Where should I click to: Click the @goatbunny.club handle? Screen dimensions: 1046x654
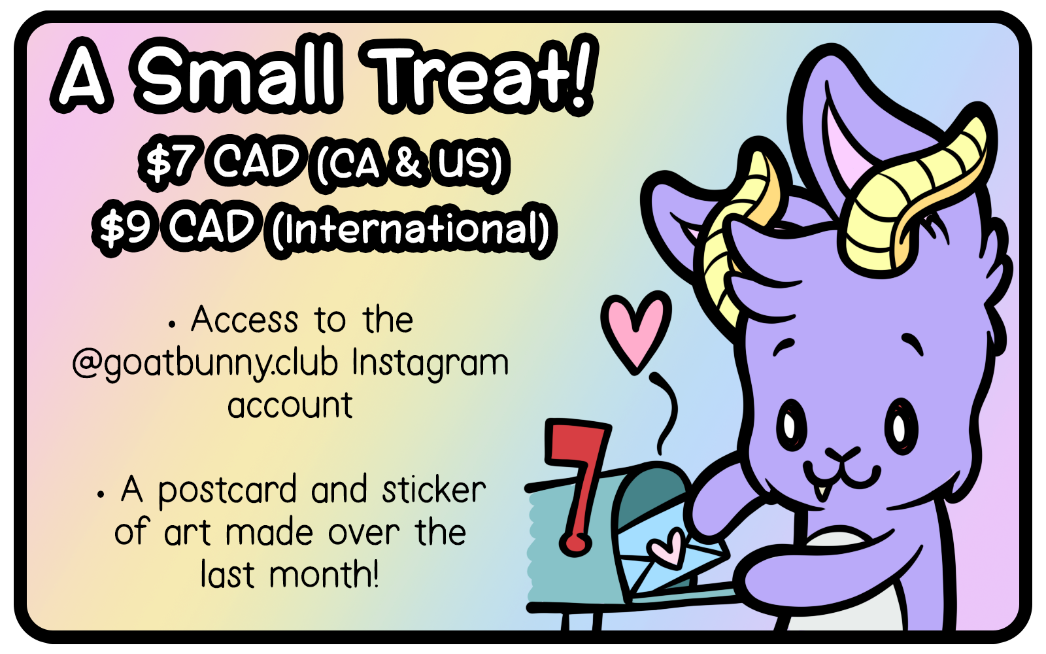pos(205,364)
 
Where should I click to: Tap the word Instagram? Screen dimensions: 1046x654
pos(430,364)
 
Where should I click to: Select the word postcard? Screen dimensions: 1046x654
pos(227,491)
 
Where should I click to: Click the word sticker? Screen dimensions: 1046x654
pos(434,490)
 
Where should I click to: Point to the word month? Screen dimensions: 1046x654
pos(324,574)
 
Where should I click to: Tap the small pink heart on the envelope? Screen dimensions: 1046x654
pos(667,549)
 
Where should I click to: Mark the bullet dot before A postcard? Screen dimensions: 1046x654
pos(101,494)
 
